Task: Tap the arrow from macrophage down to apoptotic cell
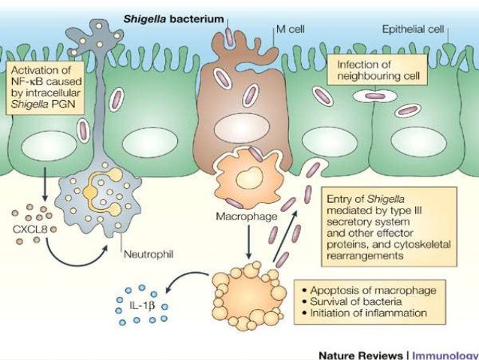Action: point(246,241)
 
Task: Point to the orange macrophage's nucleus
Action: point(246,180)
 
